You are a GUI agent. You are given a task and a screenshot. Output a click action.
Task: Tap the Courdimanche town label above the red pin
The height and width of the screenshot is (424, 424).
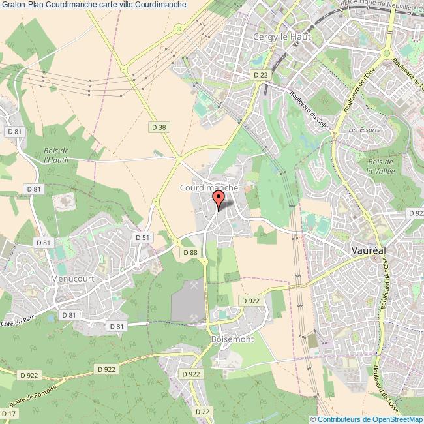[x=208, y=187]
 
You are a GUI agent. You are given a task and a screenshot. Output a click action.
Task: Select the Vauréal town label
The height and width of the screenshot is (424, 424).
[x=370, y=250]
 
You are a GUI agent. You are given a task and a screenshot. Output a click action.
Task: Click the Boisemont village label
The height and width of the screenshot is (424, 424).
[x=232, y=340]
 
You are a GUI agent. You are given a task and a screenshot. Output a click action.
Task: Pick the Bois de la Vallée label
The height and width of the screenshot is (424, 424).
[x=379, y=167]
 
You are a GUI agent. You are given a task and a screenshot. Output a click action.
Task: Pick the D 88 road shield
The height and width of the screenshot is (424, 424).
[x=190, y=252]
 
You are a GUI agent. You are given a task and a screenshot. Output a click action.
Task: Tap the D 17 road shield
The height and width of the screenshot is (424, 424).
[x=9, y=414]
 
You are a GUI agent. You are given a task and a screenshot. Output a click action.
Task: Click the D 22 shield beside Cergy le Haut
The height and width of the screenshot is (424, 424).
[x=261, y=75]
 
